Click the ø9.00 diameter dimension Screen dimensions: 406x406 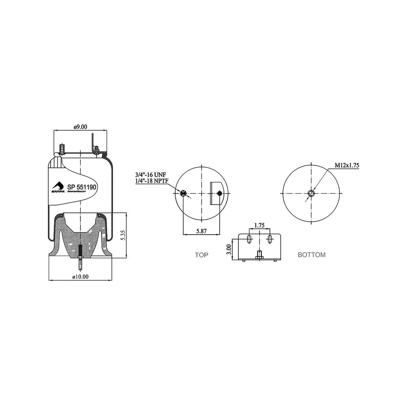pos(80,127)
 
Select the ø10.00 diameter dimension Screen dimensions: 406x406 pos(80,277)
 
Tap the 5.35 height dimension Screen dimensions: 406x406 pos(123,236)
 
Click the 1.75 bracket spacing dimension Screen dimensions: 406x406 pos(259,225)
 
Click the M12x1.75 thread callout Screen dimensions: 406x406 pos(347,166)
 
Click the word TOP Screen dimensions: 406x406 pos(201,255)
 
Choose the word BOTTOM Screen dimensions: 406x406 pos(312,255)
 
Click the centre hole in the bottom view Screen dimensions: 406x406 pos(312,193)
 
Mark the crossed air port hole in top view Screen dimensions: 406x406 pos(183,193)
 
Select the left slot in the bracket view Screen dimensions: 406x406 pos(249,239)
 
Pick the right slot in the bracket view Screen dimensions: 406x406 pos(270,239)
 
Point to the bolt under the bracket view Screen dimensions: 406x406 pos(259,256)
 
